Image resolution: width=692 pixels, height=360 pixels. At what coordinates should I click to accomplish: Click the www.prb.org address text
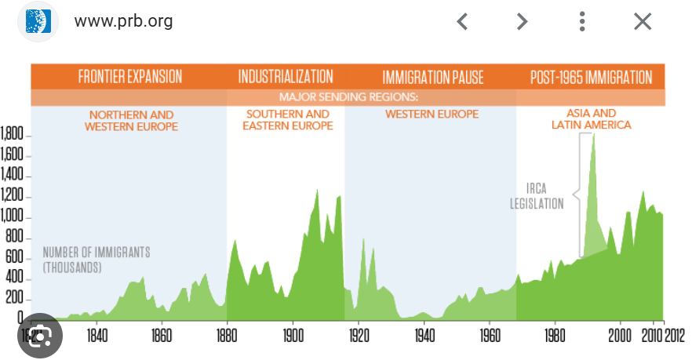[x=123, y=21]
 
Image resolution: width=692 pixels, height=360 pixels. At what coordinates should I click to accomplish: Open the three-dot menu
[x=582, y=21]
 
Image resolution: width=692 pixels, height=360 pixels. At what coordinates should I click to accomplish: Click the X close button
[x=643, y=21]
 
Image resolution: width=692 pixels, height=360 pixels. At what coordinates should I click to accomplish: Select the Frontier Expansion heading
[x=130, y=77]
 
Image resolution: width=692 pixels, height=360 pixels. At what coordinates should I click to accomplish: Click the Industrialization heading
[x=286, y=77]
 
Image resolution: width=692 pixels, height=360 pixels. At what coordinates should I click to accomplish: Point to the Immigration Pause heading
[x=433, y=77]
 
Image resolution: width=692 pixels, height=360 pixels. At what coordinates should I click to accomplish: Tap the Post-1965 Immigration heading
[x=591, y=77]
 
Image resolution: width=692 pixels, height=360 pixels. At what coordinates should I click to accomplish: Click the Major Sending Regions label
[x=349, y=98]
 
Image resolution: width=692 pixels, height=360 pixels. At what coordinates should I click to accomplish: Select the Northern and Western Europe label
[x=131, y=120]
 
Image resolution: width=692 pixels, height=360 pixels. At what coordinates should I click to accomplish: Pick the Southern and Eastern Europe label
[x=287, y=120]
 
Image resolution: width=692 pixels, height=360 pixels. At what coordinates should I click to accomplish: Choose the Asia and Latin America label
[x=591, y=119]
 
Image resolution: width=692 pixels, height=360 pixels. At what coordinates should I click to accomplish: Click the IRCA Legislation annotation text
[x=537, y=196]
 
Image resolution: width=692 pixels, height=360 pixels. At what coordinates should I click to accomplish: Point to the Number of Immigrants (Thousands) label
[x=96, y=260]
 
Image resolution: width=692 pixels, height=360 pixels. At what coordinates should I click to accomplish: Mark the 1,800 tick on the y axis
[x=15, y=136]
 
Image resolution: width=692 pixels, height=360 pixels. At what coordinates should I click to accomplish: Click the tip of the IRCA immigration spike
[x=593, y=134]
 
